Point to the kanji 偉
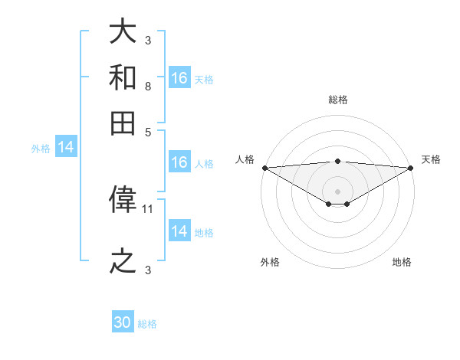coord(123,200)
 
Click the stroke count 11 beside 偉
coord(149,208)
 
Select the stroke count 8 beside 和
coord(147,86)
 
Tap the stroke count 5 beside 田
coord(147,131)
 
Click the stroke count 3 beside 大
coord(147,40)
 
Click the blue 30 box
coord(123,322)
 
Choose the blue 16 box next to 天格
coord(179,77)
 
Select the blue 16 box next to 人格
coord(179,162)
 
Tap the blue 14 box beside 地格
coord(179,231)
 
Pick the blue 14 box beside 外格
coord(66,148)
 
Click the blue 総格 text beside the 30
coord(147,324)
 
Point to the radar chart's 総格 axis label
coord(337,100)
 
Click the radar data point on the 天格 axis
coord(411,168)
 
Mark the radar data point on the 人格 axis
coord(264,168)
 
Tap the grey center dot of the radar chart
coord(337,191)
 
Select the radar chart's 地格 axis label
coord(402,262)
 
